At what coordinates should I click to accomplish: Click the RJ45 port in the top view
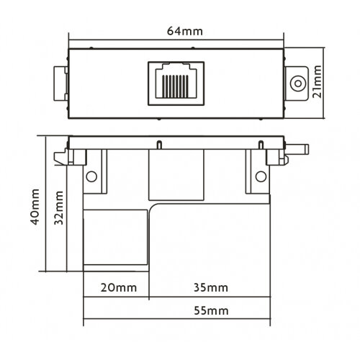(x=176, y=81)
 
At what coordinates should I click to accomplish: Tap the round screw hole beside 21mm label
(x=296, y=83)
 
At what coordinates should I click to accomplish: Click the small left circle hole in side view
(x=91, y=176)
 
